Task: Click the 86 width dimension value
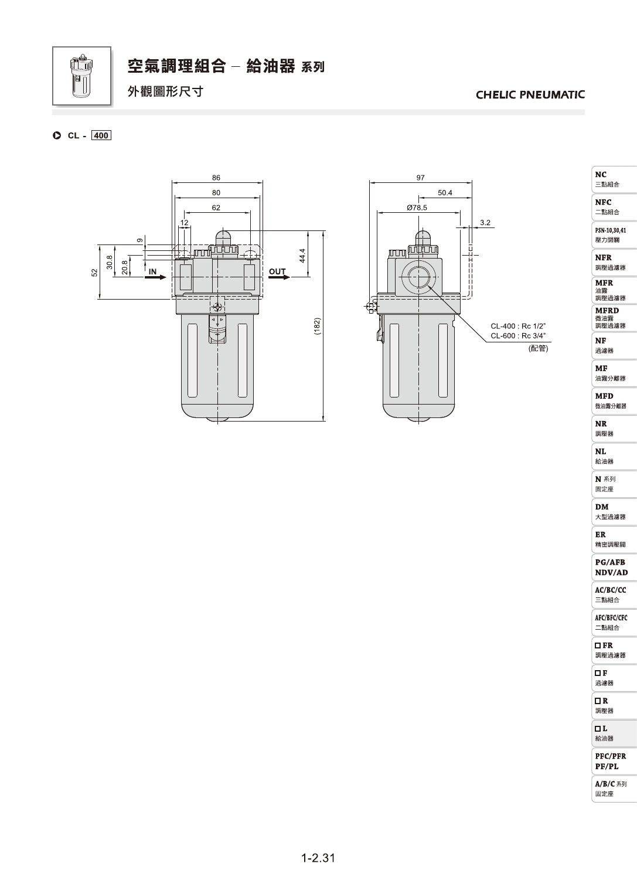tap(216, 178)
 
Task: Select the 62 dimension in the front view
tap(216, 208)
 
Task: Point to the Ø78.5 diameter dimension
tap(417, 208)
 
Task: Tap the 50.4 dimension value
tap(445, 193)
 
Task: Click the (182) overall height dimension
tap(317, 326)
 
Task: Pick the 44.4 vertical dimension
tap(302, 256)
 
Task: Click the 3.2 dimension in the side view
tap(485, 223)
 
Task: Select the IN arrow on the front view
tap(155, 277)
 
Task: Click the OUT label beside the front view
tap(277, 272)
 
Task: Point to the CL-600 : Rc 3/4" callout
tap(518, 336)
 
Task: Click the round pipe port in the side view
tap(418, 277)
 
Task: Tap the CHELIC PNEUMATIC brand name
tap(530, 94)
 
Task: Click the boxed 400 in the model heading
tap(101, 135)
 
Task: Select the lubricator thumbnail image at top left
tap(82, 76)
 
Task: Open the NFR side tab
tap(614, 263)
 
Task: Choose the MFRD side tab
tap(614, 318)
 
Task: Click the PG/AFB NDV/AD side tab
tap(614, 568)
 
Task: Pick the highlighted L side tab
tap(614, 733)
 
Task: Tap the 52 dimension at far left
tap(94, 273)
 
